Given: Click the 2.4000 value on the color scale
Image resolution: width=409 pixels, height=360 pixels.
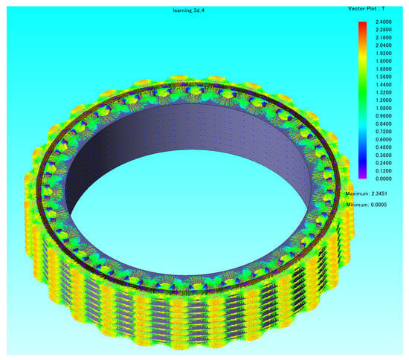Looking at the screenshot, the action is tap(384, 22).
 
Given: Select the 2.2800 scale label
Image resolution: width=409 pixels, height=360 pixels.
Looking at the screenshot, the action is tap(384, 30).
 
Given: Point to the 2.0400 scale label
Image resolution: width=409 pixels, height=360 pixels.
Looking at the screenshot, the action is tap(384, 45).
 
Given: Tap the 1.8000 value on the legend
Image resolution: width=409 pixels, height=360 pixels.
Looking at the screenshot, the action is tap(384, 61).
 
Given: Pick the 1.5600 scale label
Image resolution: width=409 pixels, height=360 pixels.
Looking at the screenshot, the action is tap(384, 77).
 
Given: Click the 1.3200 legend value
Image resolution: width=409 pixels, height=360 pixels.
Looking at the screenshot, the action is tap(384, 92).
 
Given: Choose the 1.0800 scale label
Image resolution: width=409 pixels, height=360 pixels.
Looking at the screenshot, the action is tap(384, 108).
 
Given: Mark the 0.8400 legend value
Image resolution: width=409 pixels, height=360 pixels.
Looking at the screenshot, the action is tap(384, 123).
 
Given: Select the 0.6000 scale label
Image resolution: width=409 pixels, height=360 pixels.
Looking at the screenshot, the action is tap(384, 139).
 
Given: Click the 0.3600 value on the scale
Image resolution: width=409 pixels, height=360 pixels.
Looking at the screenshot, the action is tap(384, 155).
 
